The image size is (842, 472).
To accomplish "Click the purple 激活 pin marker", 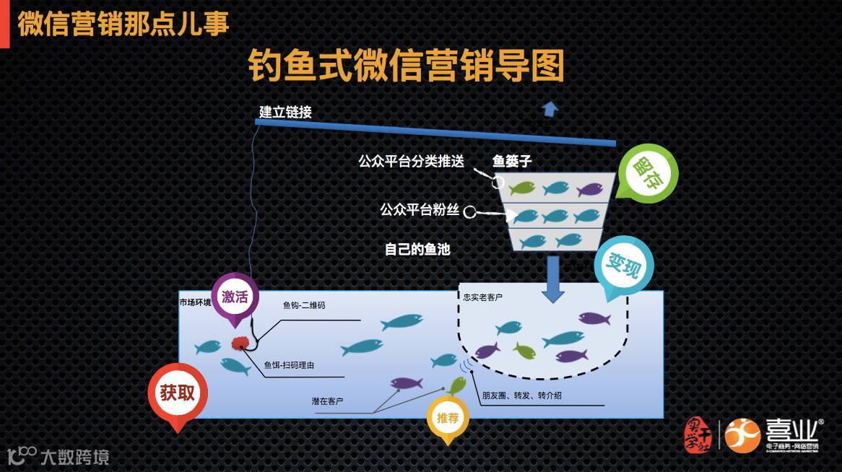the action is [235, 296].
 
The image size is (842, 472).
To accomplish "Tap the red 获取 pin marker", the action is [178, 393].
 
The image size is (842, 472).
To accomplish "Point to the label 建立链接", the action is [285, 113].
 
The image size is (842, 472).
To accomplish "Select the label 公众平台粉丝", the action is [420, 210].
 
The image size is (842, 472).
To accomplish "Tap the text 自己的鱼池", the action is [417, 250].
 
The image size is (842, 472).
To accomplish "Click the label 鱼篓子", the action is [512, 161].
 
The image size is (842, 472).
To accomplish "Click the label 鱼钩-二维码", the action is [304, 305].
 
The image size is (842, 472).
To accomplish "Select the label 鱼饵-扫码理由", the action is [289, 365].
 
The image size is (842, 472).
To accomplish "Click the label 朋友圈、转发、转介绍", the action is [522, 395].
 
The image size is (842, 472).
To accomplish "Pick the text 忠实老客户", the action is [483, 297].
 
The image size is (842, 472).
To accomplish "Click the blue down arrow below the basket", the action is [554, 278].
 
